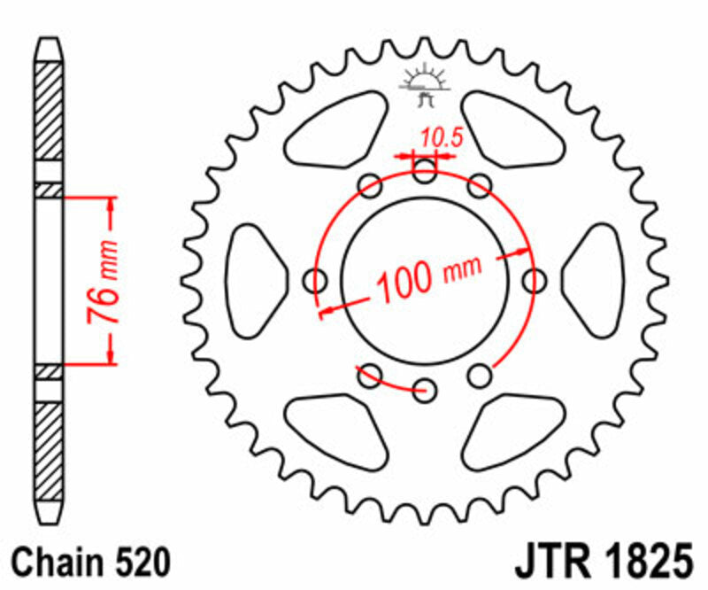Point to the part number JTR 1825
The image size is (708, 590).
tap(600, 563)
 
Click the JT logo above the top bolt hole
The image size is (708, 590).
tap(425, 89)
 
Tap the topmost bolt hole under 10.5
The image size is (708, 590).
tap(425, 172)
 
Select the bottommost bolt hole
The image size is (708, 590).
tap(425, 389)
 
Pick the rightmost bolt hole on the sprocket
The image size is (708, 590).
tap(534, 281)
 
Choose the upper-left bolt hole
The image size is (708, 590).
tap(370, 185)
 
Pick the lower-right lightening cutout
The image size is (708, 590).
tap(513, 429)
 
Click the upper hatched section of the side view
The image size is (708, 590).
tap(50, 111)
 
